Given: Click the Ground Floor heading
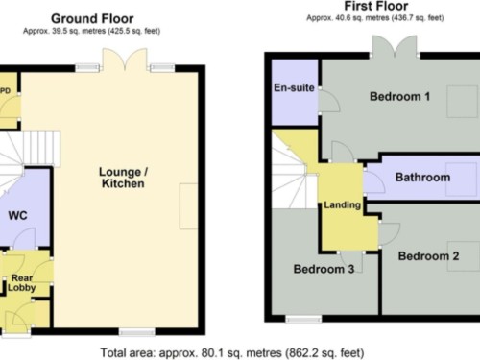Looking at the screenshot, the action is [x=92, y=19].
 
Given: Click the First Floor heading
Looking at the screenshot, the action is [x=376, y=6].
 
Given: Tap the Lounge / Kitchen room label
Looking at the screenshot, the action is [x=123, y=178].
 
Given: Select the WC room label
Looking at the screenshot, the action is [x=17, y=215].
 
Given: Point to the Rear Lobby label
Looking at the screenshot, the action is [x=22, y=282].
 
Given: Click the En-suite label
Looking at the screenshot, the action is [x=294, y=87].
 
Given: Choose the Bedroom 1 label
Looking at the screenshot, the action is [x=399, y=96].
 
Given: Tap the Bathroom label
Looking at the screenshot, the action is [x=422, y=177].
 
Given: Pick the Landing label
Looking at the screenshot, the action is [x=342, y=204].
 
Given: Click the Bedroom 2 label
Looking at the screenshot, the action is [x=428, y=256].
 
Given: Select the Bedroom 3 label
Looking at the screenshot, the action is [x=324, y=269].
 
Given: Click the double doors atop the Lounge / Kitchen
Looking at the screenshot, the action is [x=125, y=60].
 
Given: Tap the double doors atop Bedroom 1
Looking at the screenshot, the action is [x=395, y=47].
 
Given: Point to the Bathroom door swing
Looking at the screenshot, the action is [x=374, y=180].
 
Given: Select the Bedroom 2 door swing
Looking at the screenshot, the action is [x=390, y=234].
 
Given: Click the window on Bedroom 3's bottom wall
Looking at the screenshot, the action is [x=303, y=320].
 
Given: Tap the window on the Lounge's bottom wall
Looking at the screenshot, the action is [x=137, y=332].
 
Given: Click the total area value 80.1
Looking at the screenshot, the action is [x=212, y=353].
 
